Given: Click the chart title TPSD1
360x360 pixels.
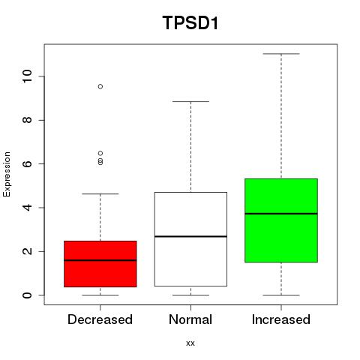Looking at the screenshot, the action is (x=190, y=22).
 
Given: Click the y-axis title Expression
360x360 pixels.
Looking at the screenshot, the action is (x=7, y=174).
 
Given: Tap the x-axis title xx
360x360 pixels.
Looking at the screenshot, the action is (x=190, y=343).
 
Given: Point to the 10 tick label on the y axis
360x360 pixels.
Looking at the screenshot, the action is (x=27, y=76).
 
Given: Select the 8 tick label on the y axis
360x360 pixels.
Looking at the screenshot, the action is (x=27, y=120).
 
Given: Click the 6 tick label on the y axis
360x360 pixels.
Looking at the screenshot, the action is (x=27, y=163).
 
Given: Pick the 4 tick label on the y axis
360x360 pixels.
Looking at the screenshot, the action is (x=27, y=208).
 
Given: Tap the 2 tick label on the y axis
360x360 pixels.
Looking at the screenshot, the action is (x=27, y=251).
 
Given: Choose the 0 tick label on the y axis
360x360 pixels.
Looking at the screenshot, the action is (x=27, y=295).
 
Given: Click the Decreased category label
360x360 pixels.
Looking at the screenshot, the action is (x=100, y=319).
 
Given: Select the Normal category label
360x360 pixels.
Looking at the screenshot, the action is (x=190, y=319).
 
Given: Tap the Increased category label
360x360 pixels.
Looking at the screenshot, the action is (x=281, y=319).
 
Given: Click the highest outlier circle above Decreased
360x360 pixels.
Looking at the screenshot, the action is (x=100, y=86).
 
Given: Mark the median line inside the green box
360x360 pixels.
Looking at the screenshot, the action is (x=281, y=214).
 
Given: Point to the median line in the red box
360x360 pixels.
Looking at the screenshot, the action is (x=100, y=260).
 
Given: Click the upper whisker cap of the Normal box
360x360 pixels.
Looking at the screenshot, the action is (x=190, y=101).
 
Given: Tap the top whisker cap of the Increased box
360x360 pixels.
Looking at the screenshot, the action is (x=281, y=54).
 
